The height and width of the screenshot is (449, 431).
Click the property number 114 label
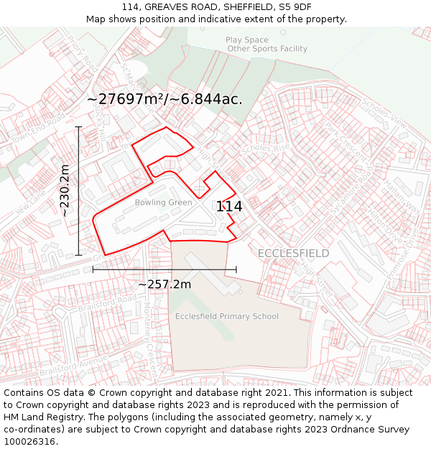pyautogui.click(x=229, y=206)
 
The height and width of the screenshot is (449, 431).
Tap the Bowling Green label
pyautogui.click(x=163, y=203)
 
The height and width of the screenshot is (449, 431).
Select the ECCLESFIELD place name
pyautogui.click(x=293, y=253)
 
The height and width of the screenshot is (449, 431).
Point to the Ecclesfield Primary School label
pyautogui.click(x=227, y=316)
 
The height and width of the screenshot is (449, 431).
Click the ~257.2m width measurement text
pyautogui.click(x=164, y=284)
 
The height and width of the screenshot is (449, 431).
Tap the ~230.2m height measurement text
pyautogui.click(x=65, y=190)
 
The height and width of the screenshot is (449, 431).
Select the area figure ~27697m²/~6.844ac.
pyautogui.click(x=164, y=99)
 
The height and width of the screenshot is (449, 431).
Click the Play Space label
pyautogui.click(x=247, y=40)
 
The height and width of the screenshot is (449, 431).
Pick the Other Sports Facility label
pyautogui.click(x=267, y=49)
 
